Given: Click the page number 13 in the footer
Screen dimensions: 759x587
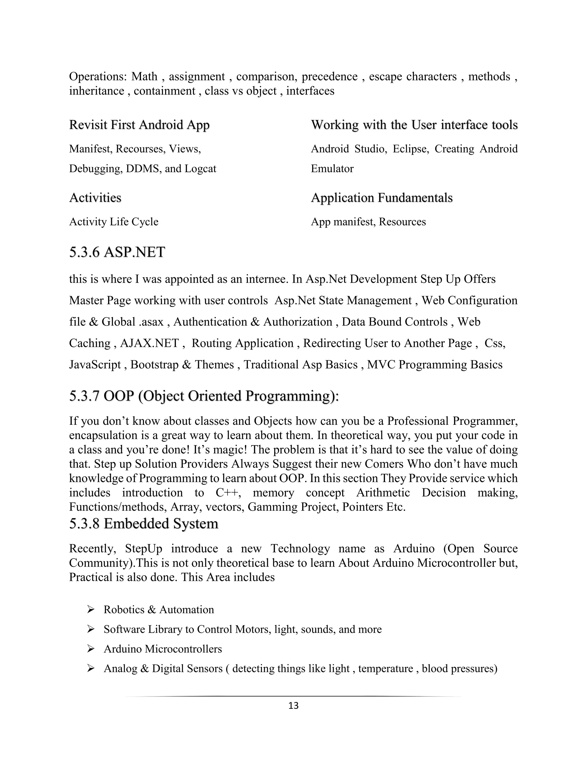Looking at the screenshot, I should tap(293, 705).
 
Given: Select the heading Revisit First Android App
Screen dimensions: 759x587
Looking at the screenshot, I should tap(139, 125).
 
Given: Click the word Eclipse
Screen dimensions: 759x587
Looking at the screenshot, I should tap(411, 149).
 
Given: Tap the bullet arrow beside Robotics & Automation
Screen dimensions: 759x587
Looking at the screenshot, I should tap(91, 609).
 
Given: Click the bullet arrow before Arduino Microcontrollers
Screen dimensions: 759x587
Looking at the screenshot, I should tap(91, 648).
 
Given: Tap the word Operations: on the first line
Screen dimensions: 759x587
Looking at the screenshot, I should tap(98, 76).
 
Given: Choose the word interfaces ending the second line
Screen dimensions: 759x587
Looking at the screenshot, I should tap(310, 91).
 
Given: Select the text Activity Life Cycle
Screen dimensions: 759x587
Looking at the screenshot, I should tap(114, 222).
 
